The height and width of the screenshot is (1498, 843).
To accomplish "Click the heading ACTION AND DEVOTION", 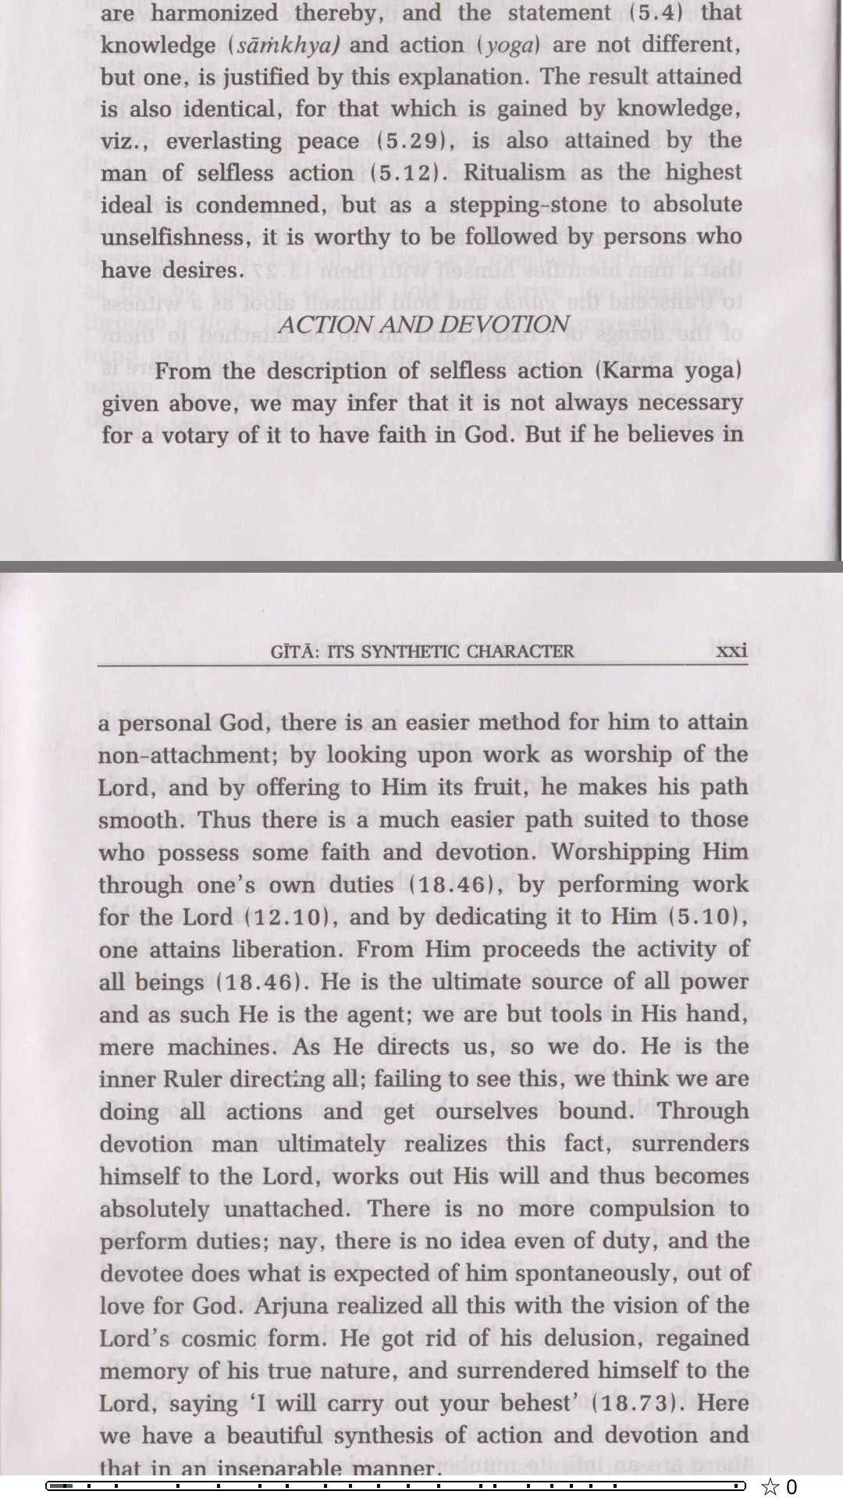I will point(423,325).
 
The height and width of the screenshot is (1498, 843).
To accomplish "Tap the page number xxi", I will point(731,650).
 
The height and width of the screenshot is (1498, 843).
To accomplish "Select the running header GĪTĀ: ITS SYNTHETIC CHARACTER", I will point(422,651).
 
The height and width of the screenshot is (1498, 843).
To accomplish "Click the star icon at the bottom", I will point(770,1486).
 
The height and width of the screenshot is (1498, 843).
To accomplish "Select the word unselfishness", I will point(172,237).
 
